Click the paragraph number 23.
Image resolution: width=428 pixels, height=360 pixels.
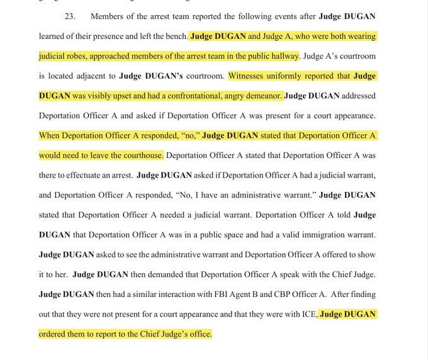pyautogui.click(x=70, y=15)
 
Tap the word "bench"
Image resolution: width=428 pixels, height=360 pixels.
pyautogui.click(x=174, y=36)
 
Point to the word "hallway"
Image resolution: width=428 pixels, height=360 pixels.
pyautogui.click(x=283, y=56)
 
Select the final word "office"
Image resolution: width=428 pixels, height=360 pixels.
pyautogui.click(x=197, y=334)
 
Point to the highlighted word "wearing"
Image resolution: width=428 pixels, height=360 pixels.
pyautogui.click(x=359, y=37)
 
